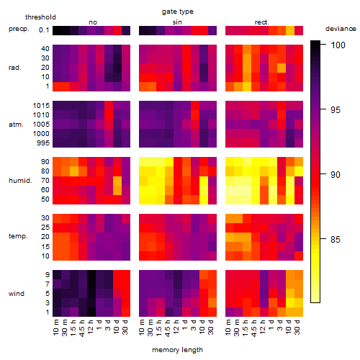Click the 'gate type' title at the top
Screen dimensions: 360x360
click(178, 12)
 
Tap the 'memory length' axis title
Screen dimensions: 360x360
click(177, 350)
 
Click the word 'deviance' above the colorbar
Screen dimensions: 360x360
click(341, 29)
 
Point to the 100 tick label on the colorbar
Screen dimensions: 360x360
click(338, 45)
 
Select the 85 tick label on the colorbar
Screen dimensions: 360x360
click(336, 239)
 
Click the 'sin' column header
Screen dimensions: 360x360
click(177, 22)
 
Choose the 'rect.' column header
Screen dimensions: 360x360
click(262, 22)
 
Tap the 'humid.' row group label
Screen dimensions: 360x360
click(20, 181)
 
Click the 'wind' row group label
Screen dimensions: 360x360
click(17, 294)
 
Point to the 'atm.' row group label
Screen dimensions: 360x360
click(16, 125)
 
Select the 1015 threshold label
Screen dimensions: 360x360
click(41, 106)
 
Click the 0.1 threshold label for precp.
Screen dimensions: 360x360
click(44, 30)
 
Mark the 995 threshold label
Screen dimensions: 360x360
click(43, 143)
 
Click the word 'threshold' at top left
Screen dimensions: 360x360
click(40, 17)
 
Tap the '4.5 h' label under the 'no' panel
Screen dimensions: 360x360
click(81, 328)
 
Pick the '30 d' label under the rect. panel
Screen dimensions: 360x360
click(297, 327)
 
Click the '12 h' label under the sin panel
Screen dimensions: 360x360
click(176, 327)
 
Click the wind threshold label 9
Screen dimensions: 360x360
click(48, 275)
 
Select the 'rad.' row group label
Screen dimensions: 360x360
click(15, 68)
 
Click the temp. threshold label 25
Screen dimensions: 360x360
click(45, 228)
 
